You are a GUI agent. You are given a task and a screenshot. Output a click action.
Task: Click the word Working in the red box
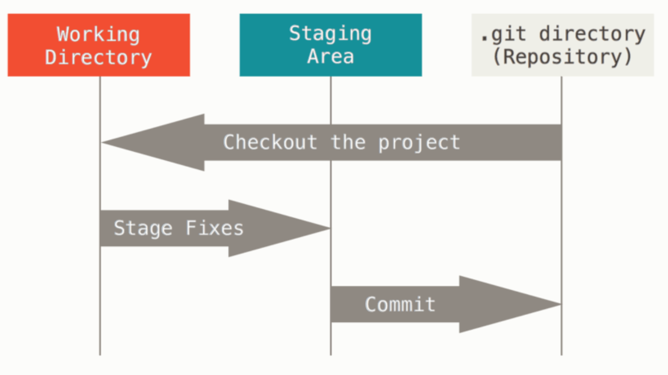pos(98,34)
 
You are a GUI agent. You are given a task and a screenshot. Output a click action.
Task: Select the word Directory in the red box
pos(98,57)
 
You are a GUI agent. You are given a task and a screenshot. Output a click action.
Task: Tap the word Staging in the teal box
pos(330,34)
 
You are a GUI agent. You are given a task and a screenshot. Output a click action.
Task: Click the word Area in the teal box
pos(330,56)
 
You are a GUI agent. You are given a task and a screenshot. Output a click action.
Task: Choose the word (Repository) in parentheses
pos(562,57)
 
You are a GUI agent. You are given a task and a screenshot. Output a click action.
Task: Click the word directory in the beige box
pos(592,34)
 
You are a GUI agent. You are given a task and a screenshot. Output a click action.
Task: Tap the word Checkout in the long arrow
pos(270,142)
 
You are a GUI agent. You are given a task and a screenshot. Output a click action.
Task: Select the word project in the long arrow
pos(419,143)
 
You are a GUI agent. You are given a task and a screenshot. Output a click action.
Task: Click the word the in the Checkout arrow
pos(348,142)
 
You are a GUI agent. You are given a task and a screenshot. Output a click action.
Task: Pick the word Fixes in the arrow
pos(215,228)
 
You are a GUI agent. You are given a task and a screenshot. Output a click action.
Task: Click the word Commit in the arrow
pos(400,304)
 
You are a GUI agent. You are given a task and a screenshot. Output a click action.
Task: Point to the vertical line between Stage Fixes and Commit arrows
pos(330,265)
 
